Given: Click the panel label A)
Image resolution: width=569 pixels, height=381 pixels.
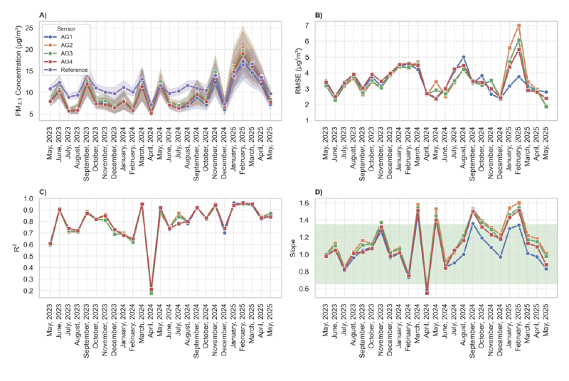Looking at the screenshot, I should pos(42,15).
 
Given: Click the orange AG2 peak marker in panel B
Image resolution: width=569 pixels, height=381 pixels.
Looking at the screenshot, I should pos(519,26).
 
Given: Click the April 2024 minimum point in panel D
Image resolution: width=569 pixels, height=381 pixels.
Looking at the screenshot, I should pos(427,292).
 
